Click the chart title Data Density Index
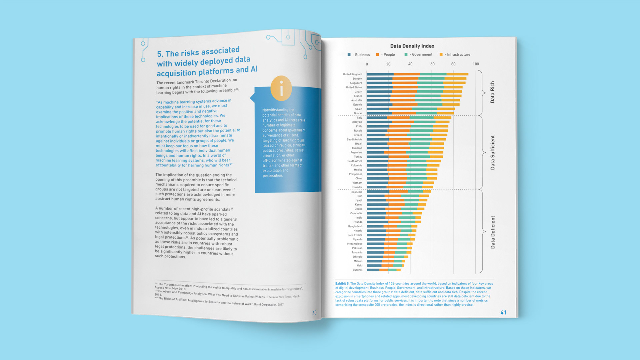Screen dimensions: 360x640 point(412,46)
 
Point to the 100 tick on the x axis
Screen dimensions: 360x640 point(476,64)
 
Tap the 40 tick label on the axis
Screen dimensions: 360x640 point(410,64)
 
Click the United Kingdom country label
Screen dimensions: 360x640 point(352,74)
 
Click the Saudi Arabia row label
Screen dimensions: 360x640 point(354,139)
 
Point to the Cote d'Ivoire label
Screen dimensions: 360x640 point(355,235)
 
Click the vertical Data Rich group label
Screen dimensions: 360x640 point(492,92)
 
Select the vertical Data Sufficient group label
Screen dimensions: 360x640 point(492,152)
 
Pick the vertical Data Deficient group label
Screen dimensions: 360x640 point(492,232)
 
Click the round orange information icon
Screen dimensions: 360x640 point(281,88)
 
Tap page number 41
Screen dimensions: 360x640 point(503,312)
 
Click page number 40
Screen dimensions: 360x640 point(314,313)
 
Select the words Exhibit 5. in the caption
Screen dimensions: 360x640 point(342,284)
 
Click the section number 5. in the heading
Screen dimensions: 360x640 point(160,54)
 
